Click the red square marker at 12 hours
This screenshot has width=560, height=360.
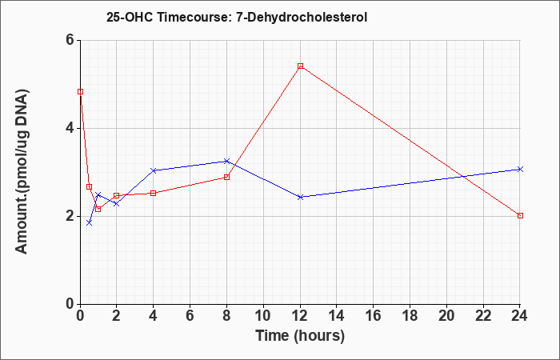pos(300,66)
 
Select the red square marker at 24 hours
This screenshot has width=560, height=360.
pos(520,216)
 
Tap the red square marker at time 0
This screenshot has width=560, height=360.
pos(80,92)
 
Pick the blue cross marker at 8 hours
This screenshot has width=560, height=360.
pos(226,161)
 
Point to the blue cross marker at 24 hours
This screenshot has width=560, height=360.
pos(520,169)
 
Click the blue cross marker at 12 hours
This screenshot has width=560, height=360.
pos(300,197)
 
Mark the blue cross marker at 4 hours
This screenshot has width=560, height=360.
pos(154,170)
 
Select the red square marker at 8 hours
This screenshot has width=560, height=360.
pos(226,177)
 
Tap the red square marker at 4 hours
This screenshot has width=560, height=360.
pos(154,194)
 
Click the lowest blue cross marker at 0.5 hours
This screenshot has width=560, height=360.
pos(90,222)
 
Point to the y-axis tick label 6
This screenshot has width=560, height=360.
pos(70,40)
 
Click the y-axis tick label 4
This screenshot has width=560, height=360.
pos(70,128)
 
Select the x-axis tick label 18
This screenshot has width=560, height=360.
pos(410,316)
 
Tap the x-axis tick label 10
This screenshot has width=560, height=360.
pos(263,316)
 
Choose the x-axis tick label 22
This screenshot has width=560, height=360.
pos(483,316)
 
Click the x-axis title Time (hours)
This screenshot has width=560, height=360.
pos(300,336)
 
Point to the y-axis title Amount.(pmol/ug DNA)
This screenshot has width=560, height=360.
pos(22,172)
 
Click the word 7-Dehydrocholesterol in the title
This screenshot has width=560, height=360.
pos(302,17)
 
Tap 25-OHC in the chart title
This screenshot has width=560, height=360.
pos(130,17)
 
